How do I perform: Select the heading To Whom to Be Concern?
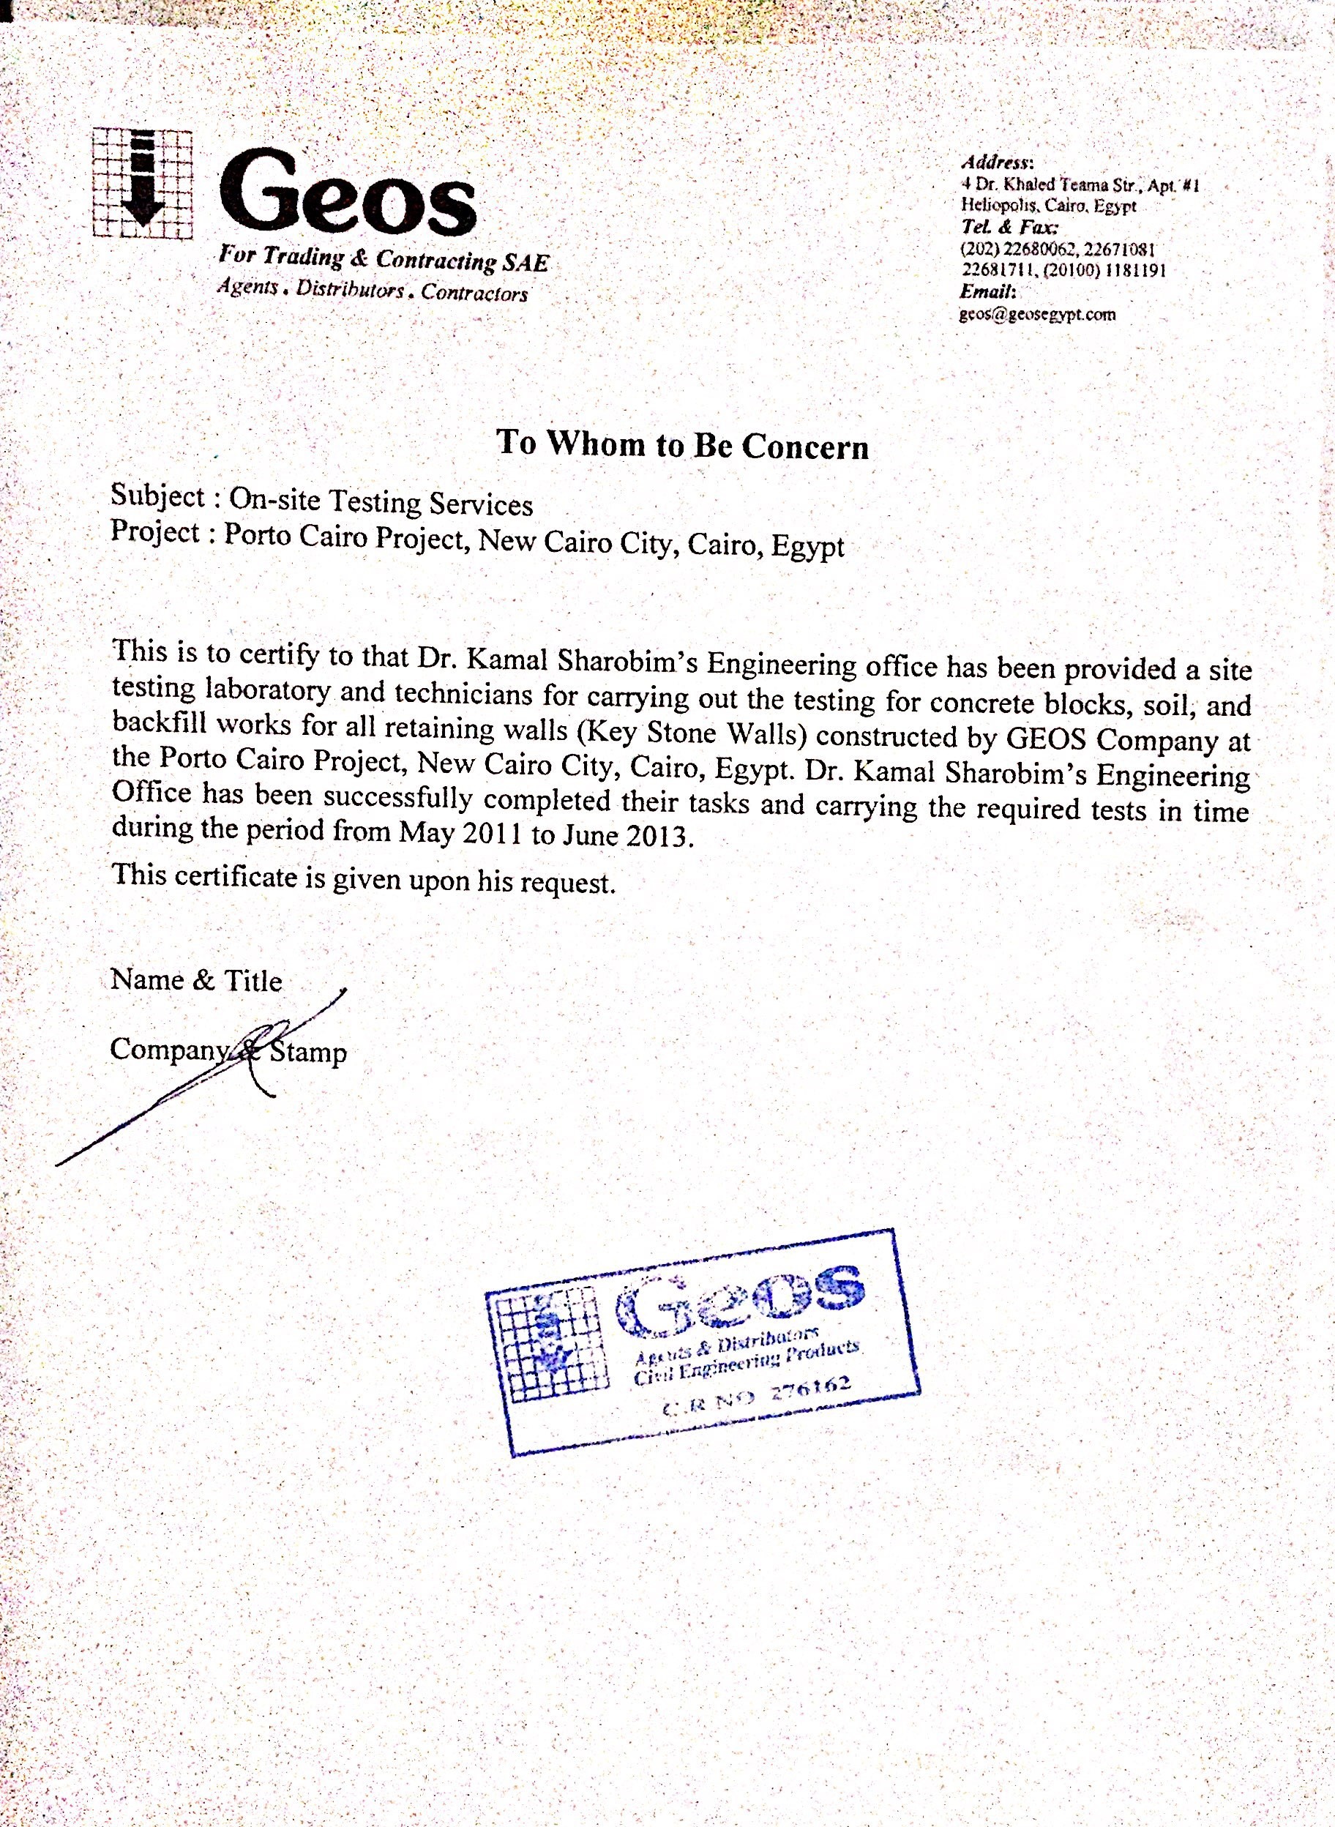tap(682, 445)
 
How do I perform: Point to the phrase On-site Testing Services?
tap(381, 503)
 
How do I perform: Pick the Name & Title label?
tap(196, 980)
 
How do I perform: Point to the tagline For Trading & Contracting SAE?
tap(383, 259)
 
